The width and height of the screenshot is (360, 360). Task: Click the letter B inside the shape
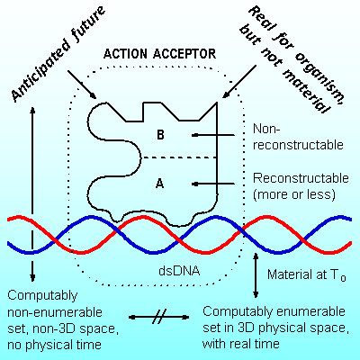(160, 135)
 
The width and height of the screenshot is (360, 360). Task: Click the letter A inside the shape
(160, 183)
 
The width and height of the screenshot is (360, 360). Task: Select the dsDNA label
(179, 271)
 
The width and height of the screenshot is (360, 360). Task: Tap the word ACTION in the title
(125, 54)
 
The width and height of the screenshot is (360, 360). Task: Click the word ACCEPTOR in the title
(184, 54)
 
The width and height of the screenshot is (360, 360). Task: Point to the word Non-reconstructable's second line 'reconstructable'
(298, 145)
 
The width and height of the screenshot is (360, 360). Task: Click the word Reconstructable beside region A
(301, 178)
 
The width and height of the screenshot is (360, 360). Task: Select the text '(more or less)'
(294, 194)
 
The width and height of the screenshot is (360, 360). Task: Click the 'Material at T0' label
(307, 274)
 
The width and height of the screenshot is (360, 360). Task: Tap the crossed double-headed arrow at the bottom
(158, 317)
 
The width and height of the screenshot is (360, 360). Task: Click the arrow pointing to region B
(213, 135)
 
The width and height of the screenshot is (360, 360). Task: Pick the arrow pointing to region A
(213, 184)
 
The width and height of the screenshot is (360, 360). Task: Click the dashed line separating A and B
(179, 157)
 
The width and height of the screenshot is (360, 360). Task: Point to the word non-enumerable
(55, 312)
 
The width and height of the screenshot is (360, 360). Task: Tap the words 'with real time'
(241, 343)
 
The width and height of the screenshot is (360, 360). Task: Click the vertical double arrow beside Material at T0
(256, 275)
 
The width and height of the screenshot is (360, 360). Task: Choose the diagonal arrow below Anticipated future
(82, 85)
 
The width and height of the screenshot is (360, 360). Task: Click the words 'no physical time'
(54, 345)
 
